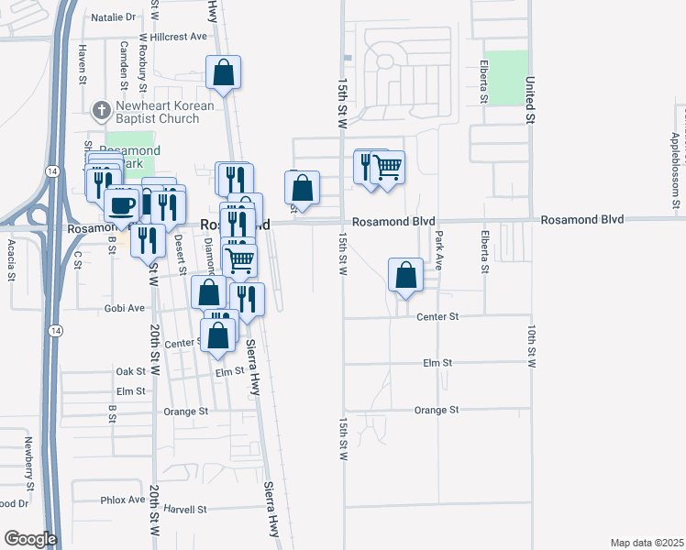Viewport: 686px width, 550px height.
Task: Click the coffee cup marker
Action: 122,205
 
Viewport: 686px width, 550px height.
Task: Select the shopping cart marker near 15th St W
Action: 388,168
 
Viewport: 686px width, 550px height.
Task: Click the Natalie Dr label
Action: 113,16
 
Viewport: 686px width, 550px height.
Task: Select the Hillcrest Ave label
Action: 180,37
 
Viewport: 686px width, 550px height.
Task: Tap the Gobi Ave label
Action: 125,308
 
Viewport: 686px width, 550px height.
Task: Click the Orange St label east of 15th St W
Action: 436,410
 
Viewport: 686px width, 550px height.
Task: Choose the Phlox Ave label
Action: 122,500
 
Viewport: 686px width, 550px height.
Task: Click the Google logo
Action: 30,539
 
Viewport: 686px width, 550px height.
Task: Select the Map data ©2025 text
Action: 646,543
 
